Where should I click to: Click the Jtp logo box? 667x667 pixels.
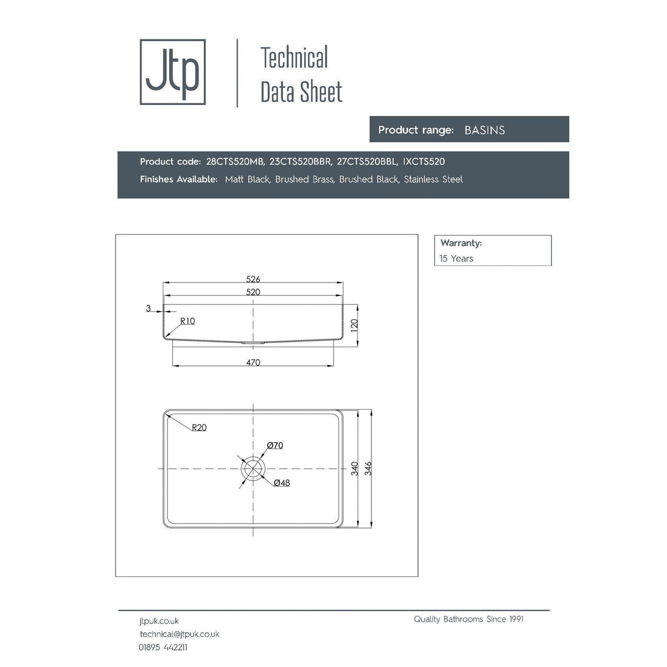pyautogui.click(x=173, y=72)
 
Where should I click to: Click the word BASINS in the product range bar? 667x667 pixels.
pyautogui.click(x=485, y=130)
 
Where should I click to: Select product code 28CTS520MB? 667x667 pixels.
pyautogui.click(x=235, y=162)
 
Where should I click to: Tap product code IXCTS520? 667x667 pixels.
pyautogui.click(x=424, y=162)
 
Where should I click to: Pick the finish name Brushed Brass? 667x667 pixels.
pyautogui.click(x=304, y=179)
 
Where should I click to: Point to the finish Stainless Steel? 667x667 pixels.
pyautogui.click(x=433, y=179)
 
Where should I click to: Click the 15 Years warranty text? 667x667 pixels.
pyautogui.click(x=456, y=258)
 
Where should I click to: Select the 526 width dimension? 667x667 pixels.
pyautogui.click(x=253, y=279)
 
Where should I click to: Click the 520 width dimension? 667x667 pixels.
pyautogui.click(x=253, y=292)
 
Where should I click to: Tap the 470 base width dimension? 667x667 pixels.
pyautogui.click(x=253, y=362)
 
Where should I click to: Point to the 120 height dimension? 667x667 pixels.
pyautogui.click(x=354, y=325)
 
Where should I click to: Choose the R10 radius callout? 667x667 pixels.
pyautogui.click(x=187, y=321)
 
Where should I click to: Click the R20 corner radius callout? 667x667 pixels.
pyautogui.click(x=199, y=427)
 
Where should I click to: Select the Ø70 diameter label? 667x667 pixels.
pyautogui.click(x=275, y=445)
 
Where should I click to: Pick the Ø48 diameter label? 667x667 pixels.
pyautogui.click(x=281, y=482)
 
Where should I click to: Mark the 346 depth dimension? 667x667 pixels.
pyautogui.click(x=368, y=468)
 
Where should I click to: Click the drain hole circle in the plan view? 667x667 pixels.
pyautogui.click(x=253, y=468)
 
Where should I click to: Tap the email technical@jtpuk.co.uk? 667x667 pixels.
pyautogui.click(x=179, y=634)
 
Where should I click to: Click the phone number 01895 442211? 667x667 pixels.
pyautogui.click(x=163, y=647)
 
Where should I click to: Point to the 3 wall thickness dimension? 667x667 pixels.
pyautogui.click(x=148, y=308)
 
